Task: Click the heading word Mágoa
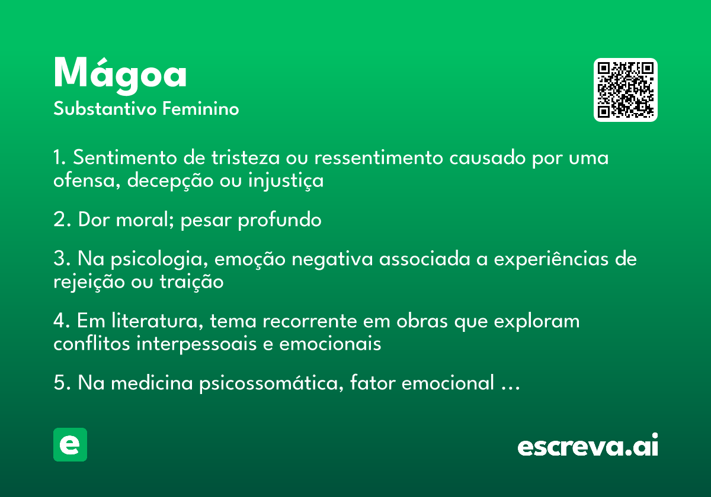(x=120, y=76)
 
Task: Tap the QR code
(x=625, y=90)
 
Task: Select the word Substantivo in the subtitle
(x=105, y=109)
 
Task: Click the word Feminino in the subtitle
(x=201, y=108)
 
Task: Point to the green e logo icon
(x=70, y=444)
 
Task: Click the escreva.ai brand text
(x=588, y=445)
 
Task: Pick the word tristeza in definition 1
(x=246, y=157)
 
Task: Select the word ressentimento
(x=379, y=157)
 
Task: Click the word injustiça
(x=286, y=181)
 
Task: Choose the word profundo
(x=280, y=220)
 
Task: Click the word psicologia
(x=156, y=260)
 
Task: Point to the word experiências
(x=551, y=259)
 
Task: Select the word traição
(x=192, y=282)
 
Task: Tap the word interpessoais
(x=196, y=344)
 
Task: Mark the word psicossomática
(x=269, y=383)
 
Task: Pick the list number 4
(x=59, y=321)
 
